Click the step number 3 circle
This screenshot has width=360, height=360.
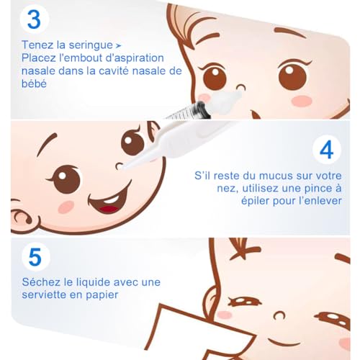35,19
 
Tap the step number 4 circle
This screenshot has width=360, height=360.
327,150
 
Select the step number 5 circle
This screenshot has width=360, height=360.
35,257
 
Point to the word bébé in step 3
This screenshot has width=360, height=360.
34,84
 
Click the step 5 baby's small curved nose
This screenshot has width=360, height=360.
279,315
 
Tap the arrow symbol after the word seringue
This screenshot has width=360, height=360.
118,45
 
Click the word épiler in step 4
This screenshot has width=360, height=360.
256,202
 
